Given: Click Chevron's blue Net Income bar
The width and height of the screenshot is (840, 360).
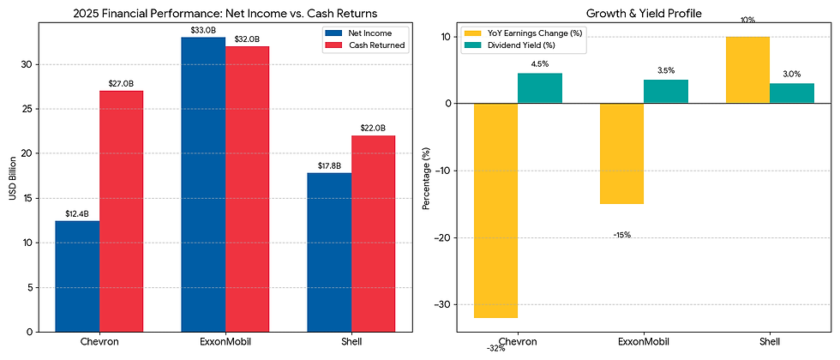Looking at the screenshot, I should pyautogui.click(x=77, y=276).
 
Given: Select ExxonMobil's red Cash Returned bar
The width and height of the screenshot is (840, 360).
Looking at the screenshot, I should pyautogui.click(x=247, y=189).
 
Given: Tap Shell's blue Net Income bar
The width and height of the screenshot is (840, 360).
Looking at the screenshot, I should pyautogui.click(x=329, y=252).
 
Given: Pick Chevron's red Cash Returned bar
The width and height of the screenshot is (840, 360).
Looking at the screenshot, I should pyautogui.click(x=121, y=211).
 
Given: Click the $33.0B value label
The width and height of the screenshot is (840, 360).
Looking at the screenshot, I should pyautogui.click(x=203, y=30).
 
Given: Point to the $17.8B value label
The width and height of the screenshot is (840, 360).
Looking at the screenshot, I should pyautogui.click(x=329, y=165).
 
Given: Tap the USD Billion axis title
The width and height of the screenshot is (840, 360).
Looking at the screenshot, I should pyautogui.click(x=13, y=178).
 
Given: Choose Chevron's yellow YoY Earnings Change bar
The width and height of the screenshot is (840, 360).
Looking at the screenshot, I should pyautogui.click(x=495, y=210).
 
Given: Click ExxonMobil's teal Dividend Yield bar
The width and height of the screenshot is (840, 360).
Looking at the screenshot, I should pyautogui.click(x=666, y=91).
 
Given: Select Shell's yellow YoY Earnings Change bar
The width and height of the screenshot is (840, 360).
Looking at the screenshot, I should pyautogui.click(x=747, y=69).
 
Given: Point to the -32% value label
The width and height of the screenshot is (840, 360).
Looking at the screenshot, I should pyautogui.click(x=495, y=348).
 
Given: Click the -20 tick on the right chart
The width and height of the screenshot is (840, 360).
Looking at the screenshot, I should pyautogui.click(x=441, y=237).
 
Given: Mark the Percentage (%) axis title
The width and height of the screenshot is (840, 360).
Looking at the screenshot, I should pyautogui.click(x=426, y=178).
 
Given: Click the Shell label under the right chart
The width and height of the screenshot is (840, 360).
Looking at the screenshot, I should pyautogui.click(x=770, y=342).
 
